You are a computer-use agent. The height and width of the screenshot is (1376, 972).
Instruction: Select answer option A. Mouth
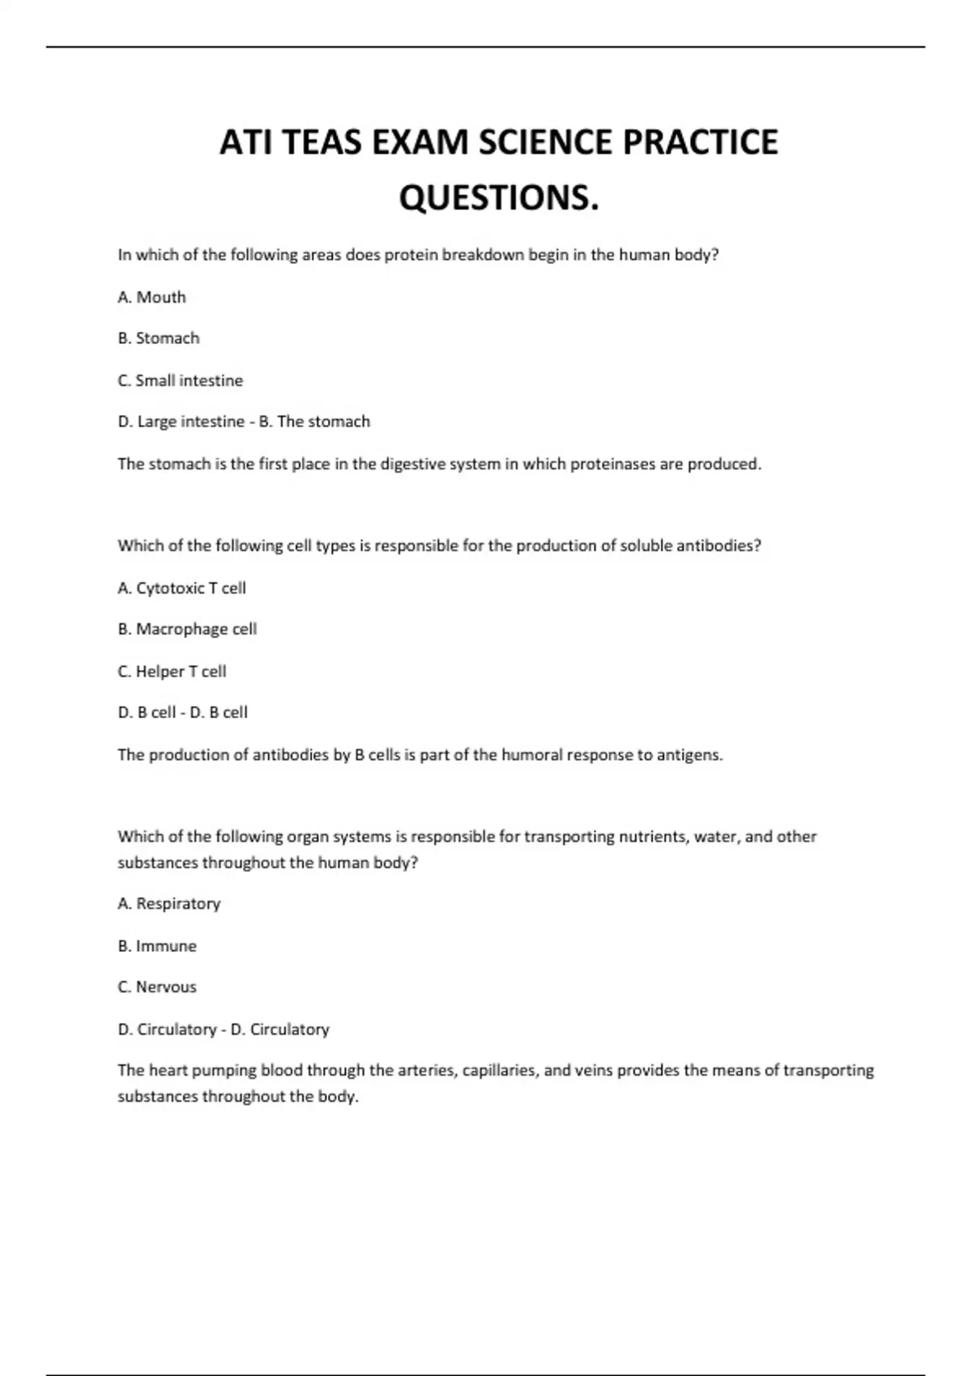151,297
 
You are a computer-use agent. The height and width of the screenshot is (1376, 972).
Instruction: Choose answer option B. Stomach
158,338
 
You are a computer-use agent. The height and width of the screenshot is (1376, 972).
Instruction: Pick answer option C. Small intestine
180,380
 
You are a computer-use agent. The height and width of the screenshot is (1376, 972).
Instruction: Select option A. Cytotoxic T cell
181,588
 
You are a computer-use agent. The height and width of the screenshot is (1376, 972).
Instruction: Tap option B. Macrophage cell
187,629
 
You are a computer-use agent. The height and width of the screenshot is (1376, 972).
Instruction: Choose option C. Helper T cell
172,671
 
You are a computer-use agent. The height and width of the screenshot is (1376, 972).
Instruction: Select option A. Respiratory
168,903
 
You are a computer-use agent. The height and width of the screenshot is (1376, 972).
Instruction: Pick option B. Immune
157,945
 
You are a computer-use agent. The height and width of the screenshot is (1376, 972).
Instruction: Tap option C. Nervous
157,987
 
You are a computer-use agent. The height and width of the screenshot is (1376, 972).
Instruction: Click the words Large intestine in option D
190,422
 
